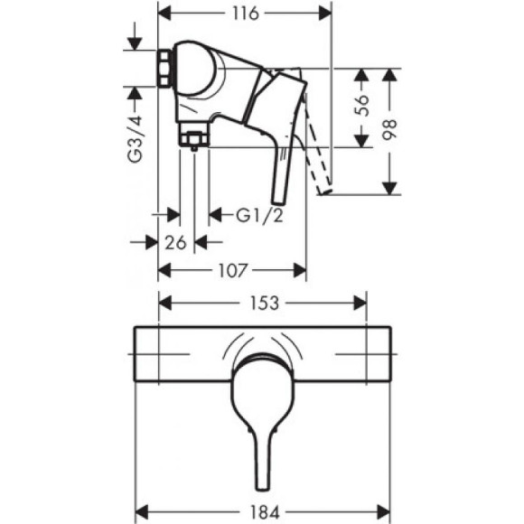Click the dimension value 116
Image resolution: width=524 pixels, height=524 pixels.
click(x=244, y=14)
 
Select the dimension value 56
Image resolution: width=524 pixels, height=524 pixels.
click(x=361, y=107)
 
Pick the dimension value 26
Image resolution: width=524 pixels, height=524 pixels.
click(x=177, y=241)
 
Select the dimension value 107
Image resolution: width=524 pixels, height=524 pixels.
click(x=232, y=269)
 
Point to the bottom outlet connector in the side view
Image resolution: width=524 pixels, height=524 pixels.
click(x=191, y=138)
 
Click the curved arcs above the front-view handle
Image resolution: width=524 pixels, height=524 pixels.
click(x=264, y=341)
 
